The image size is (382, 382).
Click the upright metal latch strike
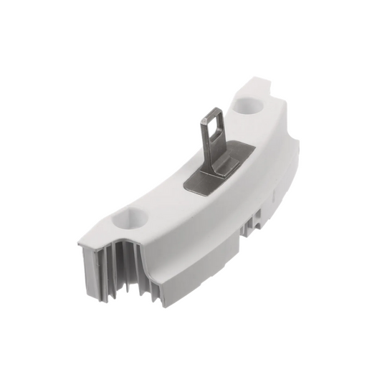click(x=213, y=133)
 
